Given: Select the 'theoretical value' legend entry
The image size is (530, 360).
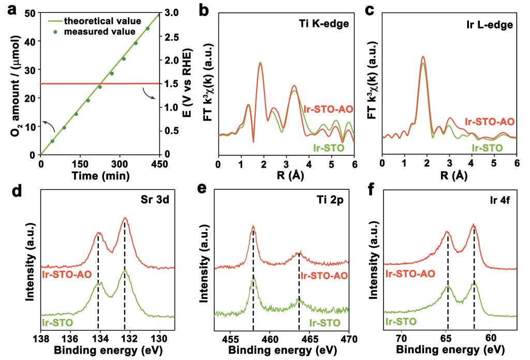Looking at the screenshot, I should pyautogui.click(x=102, y=21).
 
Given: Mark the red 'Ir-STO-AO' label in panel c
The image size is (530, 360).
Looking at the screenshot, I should pyautogui.click(x=490, y=122).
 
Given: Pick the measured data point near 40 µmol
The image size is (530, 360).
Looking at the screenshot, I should pyautogui.click(x=136, y=43).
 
